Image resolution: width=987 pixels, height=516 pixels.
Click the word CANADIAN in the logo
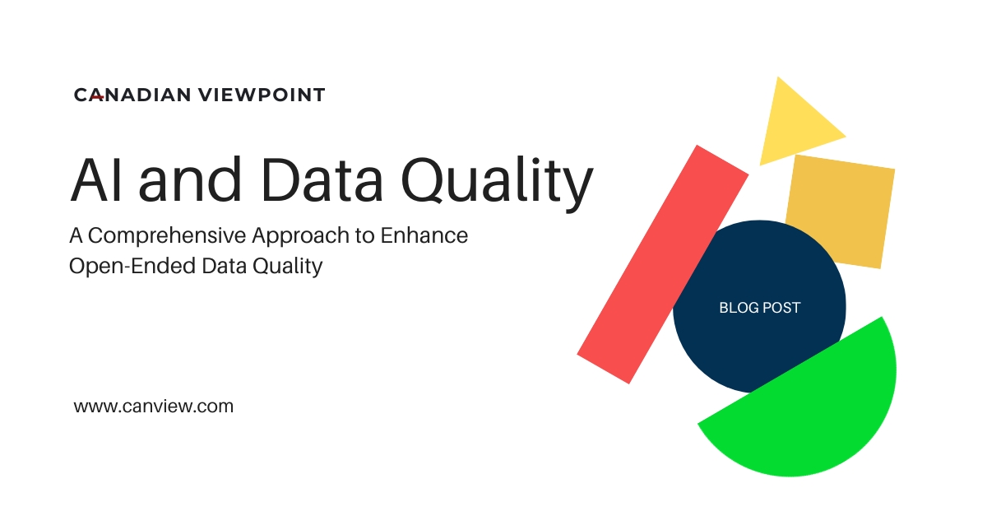tap(132, 95)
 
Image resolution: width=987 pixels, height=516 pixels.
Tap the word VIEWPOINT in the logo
tap(261, 95)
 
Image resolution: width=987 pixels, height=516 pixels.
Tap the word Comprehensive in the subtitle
tap(178, 236)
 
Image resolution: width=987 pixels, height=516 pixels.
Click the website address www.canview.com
tap(154, 406)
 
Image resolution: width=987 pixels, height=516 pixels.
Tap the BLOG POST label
tap(759, 308)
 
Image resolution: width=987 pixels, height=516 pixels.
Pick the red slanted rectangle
tap(662, 263)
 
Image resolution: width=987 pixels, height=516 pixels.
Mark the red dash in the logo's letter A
tap(96, 97)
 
